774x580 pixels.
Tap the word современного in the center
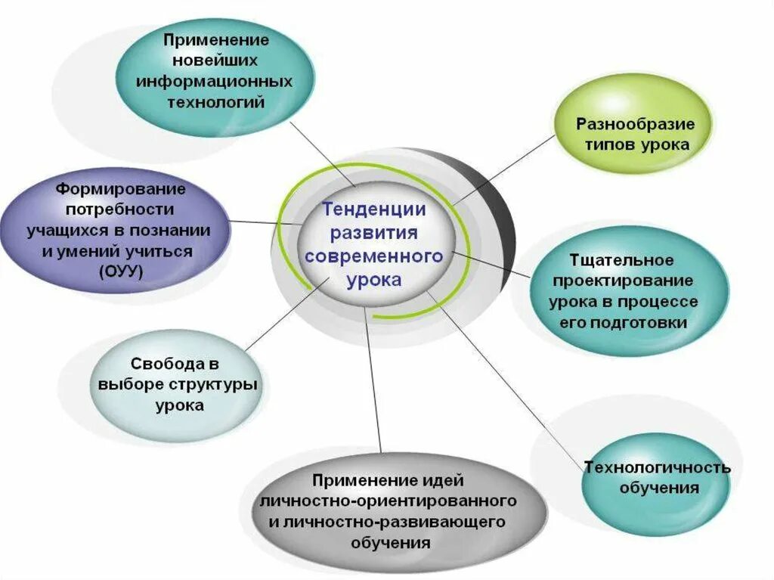373,256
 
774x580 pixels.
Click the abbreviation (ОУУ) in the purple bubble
120,270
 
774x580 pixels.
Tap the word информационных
215,80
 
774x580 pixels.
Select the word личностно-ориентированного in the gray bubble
388,501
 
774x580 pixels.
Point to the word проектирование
623,281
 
